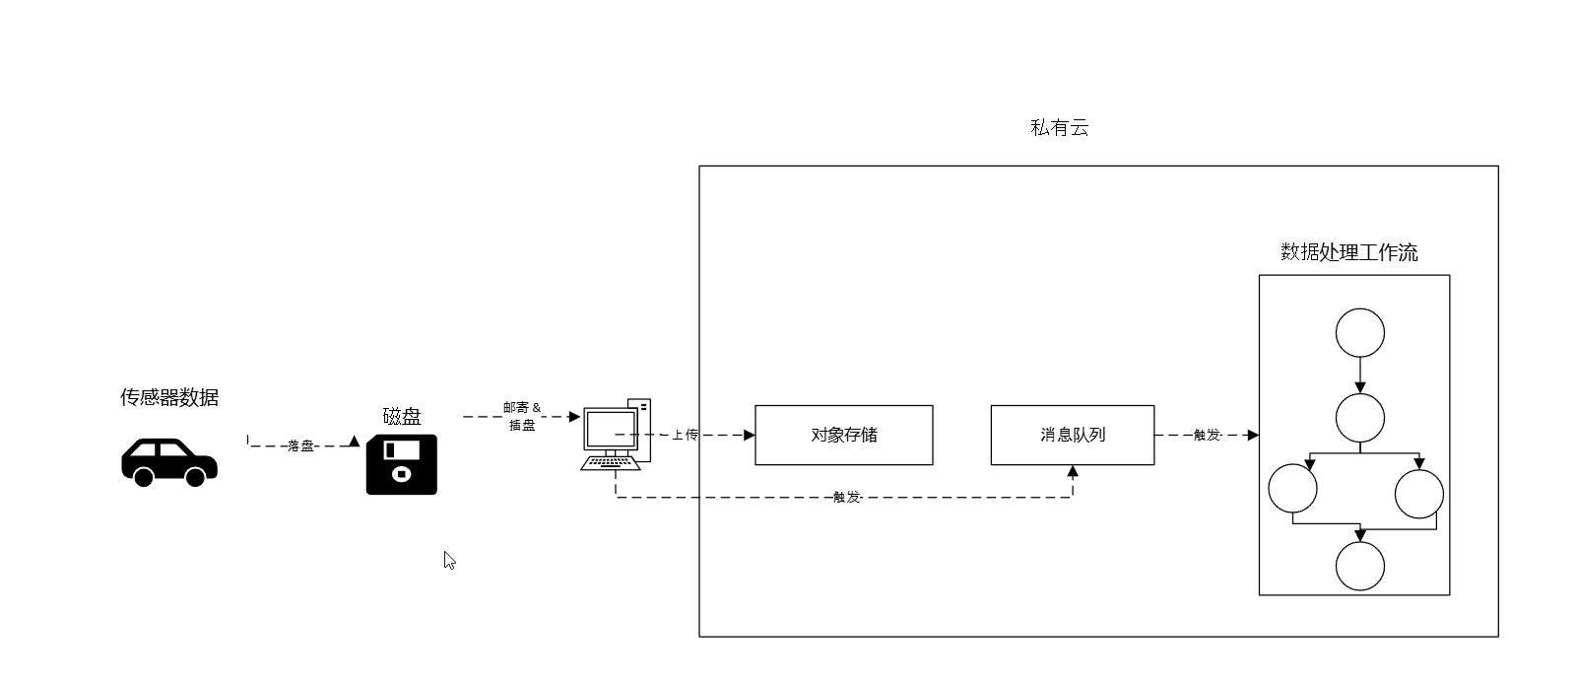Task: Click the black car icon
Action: click(x=168, y=461)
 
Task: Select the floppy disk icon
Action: click(x=401, y=464)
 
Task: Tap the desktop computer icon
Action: click(x=615, y=435)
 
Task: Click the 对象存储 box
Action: click(x=843, y=435)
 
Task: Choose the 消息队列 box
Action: click(x=1072, y=435)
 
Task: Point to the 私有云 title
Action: click(x=1059, y=127)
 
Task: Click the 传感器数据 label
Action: click(x=169, y=397)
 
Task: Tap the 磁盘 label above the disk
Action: click(x=402, y=416)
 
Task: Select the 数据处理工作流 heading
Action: click(x=1348, y=252)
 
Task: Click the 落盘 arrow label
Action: click(x=300, y=446)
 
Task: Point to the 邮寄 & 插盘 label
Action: click(x=522, y=416)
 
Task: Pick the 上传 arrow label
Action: click(x=685, y=435)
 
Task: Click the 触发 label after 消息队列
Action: click(x=1207, y=435)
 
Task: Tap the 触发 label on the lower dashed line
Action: click(x=847, y=498)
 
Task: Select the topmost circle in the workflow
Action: click(x=1359, y=333)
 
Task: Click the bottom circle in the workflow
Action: click(x=1359, y=566)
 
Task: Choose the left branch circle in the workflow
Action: click(x=1292, y=488)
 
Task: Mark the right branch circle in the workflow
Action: click(x=1419, y=494)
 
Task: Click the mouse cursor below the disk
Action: click(x=449, y=560)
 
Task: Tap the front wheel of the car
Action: click(x=195, y=478)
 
